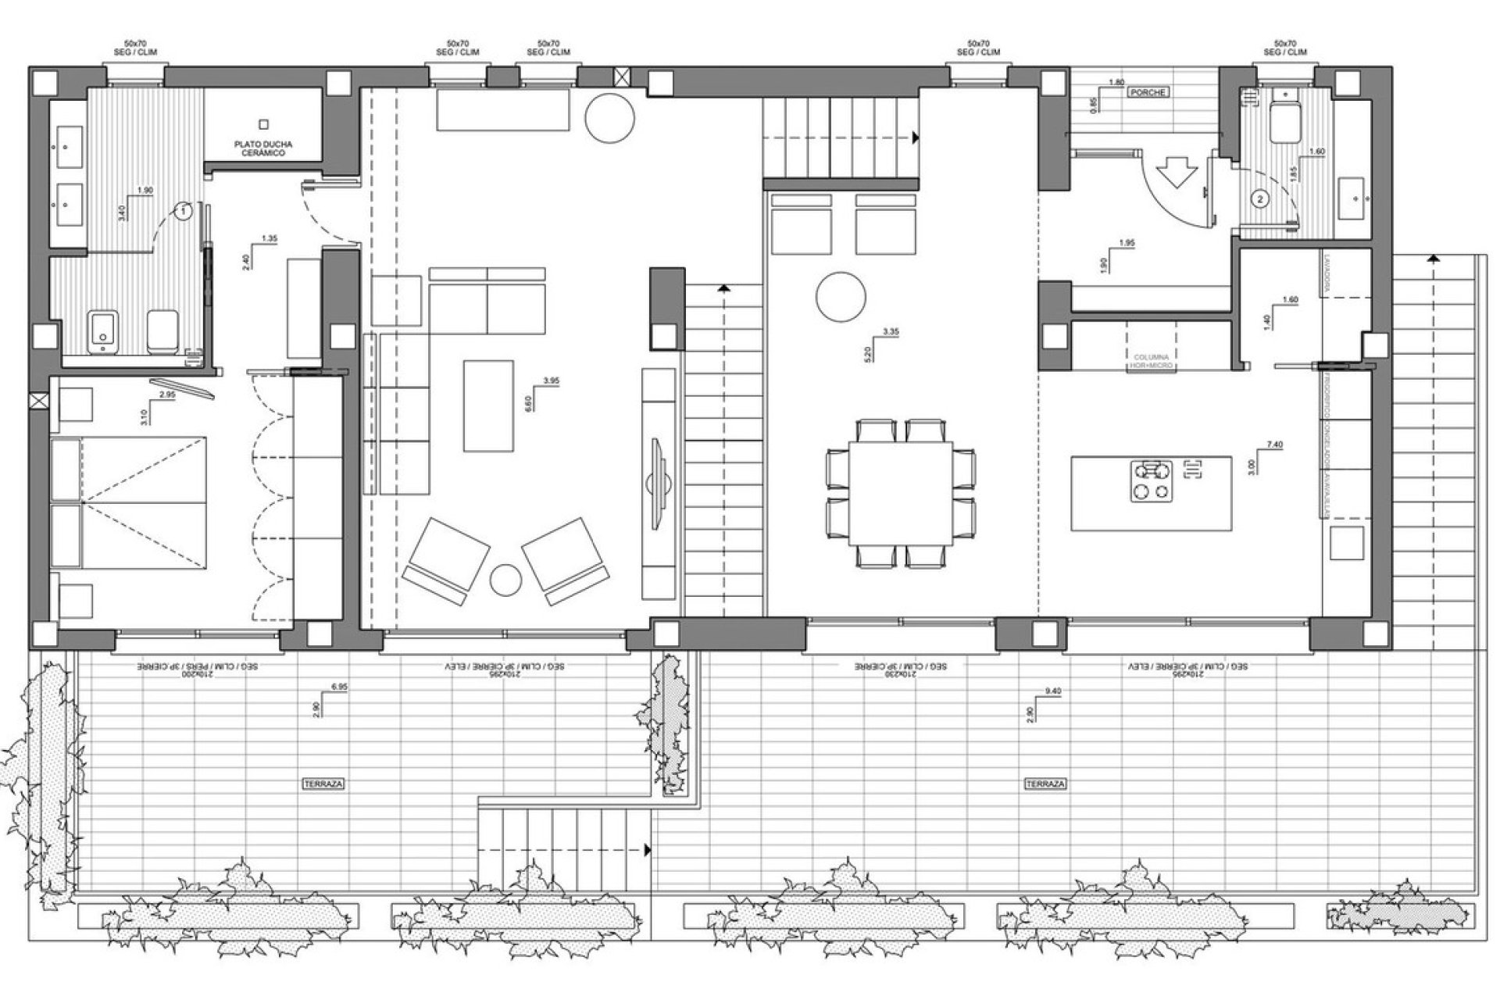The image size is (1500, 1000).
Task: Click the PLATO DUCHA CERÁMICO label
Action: [263, 149]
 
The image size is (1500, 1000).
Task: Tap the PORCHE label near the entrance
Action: [1148, 92]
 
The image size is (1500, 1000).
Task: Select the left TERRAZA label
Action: [323, 783]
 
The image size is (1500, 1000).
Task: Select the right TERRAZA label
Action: [1045, 783]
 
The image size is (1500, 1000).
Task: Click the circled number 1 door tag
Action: [182, 210]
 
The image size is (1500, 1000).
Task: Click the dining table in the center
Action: [901, 493]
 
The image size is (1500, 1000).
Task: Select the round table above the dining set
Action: [841, 296]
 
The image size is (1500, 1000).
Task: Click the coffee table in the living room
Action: [488, 405]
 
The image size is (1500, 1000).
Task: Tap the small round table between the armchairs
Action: [505, 580]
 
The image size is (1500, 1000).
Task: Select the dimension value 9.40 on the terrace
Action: [1054, 691]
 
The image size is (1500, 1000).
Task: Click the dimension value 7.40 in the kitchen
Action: [1277, 445]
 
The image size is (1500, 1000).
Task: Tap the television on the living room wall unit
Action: [658, 477]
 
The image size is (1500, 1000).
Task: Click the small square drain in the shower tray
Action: [264, 123]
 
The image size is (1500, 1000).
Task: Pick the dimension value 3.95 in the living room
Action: [551, 380]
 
